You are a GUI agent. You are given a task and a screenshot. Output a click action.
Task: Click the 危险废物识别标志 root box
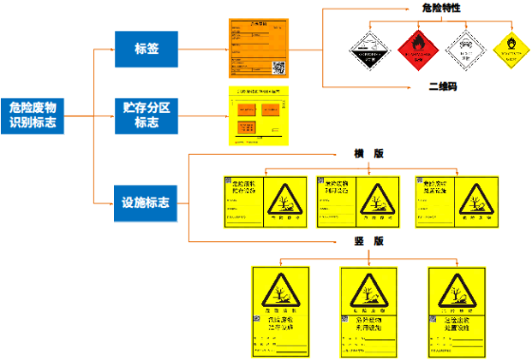pyautogui.click(x=33, y=115)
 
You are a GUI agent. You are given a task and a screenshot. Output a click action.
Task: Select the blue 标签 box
pyautogui.click(x=146, y=49)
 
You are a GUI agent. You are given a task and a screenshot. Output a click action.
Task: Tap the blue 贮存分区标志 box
pyautogui.click(x=146, y=115)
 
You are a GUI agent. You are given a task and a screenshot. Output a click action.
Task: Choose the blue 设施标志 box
pyautogui.click(x=146, y=202)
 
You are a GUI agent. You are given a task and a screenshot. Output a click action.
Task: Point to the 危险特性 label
pyautogui.click(x=442, y=9)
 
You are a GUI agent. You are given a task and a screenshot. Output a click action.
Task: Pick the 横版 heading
pyautogui.click(x=368, y=154)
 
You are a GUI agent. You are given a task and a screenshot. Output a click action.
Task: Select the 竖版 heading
pyautogui.click(x=368, y=241)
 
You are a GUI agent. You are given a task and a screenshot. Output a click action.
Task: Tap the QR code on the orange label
pyautogui.click(x=278, y=68)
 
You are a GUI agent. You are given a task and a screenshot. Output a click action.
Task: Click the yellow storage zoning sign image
pyautogui.click(x=258, y=117)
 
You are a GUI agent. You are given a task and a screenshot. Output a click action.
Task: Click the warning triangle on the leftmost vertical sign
pyautogui.click(x=280, y=290)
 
